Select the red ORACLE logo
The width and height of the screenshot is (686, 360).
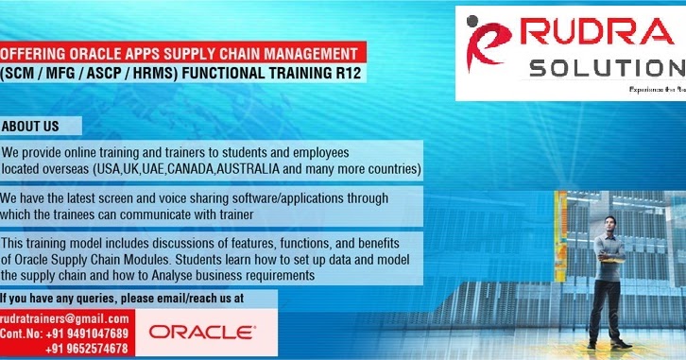click(x=201, y=332)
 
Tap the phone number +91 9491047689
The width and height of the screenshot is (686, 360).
click(x=90, y=334)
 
